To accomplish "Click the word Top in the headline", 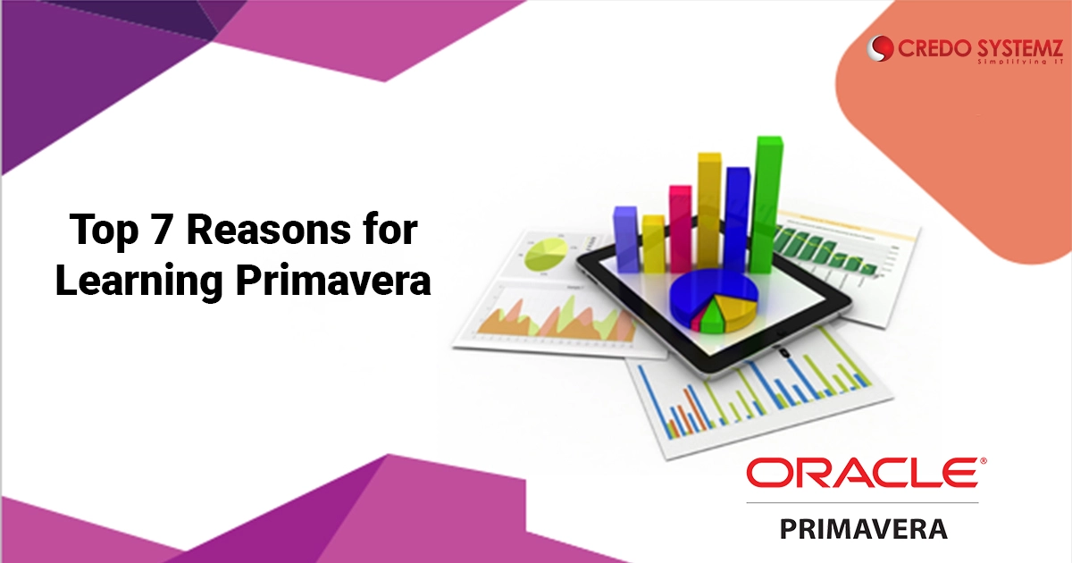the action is pyautogui.click(x=104, y=231).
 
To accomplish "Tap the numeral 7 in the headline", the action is pyautogui.click(x=163, y=230).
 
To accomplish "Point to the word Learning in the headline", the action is pyautogui.click(x=139, y=281).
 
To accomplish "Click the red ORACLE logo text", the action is pyautogui.click(x=862, y=473).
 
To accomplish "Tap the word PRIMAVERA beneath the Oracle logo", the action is pyautogui.click(x=864, y=528).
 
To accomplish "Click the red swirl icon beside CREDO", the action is pyautogui.click(x=880, y=48).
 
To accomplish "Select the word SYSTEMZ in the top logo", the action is pyautogui.click(x=1018, y=48).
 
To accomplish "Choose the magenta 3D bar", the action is pyautogui.click(x=681, y=229).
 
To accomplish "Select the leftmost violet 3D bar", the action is pyautogui.click(x=625, y=239).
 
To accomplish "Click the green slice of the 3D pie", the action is pyautogui.click(x=712, y=318).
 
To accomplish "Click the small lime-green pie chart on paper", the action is pyautogui.click(x=546, y=254).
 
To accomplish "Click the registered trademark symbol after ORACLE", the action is pyautogui.click(x=984, y=460).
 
